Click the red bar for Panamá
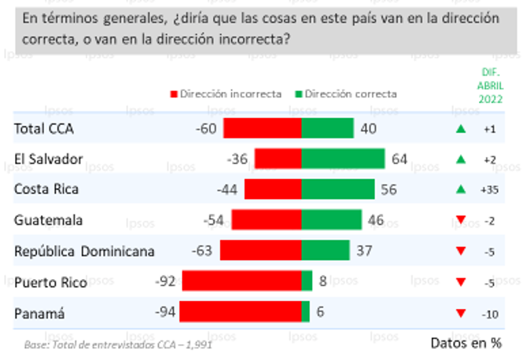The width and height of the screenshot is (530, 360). tap(240, 312)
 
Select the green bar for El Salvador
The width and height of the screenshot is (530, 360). tap(343, 159)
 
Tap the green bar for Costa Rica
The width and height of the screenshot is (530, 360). tap(337, 189)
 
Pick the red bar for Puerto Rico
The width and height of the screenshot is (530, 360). tap(241, 281)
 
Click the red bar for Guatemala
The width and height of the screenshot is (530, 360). tap(266, 220)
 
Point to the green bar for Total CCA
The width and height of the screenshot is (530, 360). tap(327, 128)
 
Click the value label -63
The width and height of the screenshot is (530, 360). tap(204, 251)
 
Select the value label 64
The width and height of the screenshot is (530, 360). tap(399, 159)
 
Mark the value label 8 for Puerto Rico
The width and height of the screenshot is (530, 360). tap(323, 281)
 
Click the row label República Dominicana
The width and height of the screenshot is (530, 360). tap(85, 251)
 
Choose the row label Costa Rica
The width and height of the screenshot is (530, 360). tap(46, 189)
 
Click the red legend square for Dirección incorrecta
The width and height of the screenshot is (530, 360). tap(174, 94)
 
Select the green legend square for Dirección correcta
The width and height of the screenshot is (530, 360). tap(299, 94)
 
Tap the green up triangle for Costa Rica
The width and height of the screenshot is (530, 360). tap(461, 189)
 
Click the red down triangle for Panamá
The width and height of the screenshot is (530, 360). tap(461, 313)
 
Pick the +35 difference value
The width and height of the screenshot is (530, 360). tap(488, 189)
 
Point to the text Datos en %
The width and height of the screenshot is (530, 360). tap(466, 343)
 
